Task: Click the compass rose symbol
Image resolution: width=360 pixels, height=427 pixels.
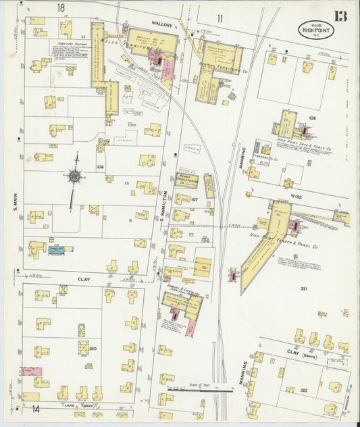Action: pyautogui.click(x=75, y=177)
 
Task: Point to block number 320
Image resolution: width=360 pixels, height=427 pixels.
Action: pyautogui.click(x=93, y=349)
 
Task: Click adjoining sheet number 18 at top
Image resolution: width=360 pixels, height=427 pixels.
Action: pyautogui.click(x=60, y=7)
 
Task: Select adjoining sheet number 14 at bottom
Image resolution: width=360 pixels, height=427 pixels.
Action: pyautogui.click(x=35, y=409)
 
